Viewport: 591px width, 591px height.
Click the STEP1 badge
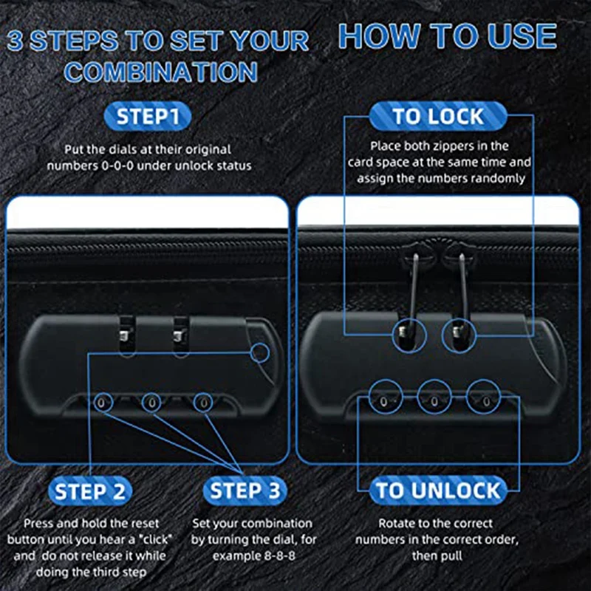(x=147, y=116)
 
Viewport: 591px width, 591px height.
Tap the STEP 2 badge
(x=90, y=491)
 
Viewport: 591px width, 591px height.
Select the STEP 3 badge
(x=245, y=491)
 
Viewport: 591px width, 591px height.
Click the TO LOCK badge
(x=438, y=116)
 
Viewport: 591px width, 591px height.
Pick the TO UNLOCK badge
(x=438, y=491)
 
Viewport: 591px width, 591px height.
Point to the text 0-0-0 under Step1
(x=117, y=165)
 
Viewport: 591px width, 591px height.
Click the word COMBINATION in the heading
(x=161, y=72)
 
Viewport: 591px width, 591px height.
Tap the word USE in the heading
(x=522, y=36)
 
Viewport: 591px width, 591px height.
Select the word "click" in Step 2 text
(x=155, y=539)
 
